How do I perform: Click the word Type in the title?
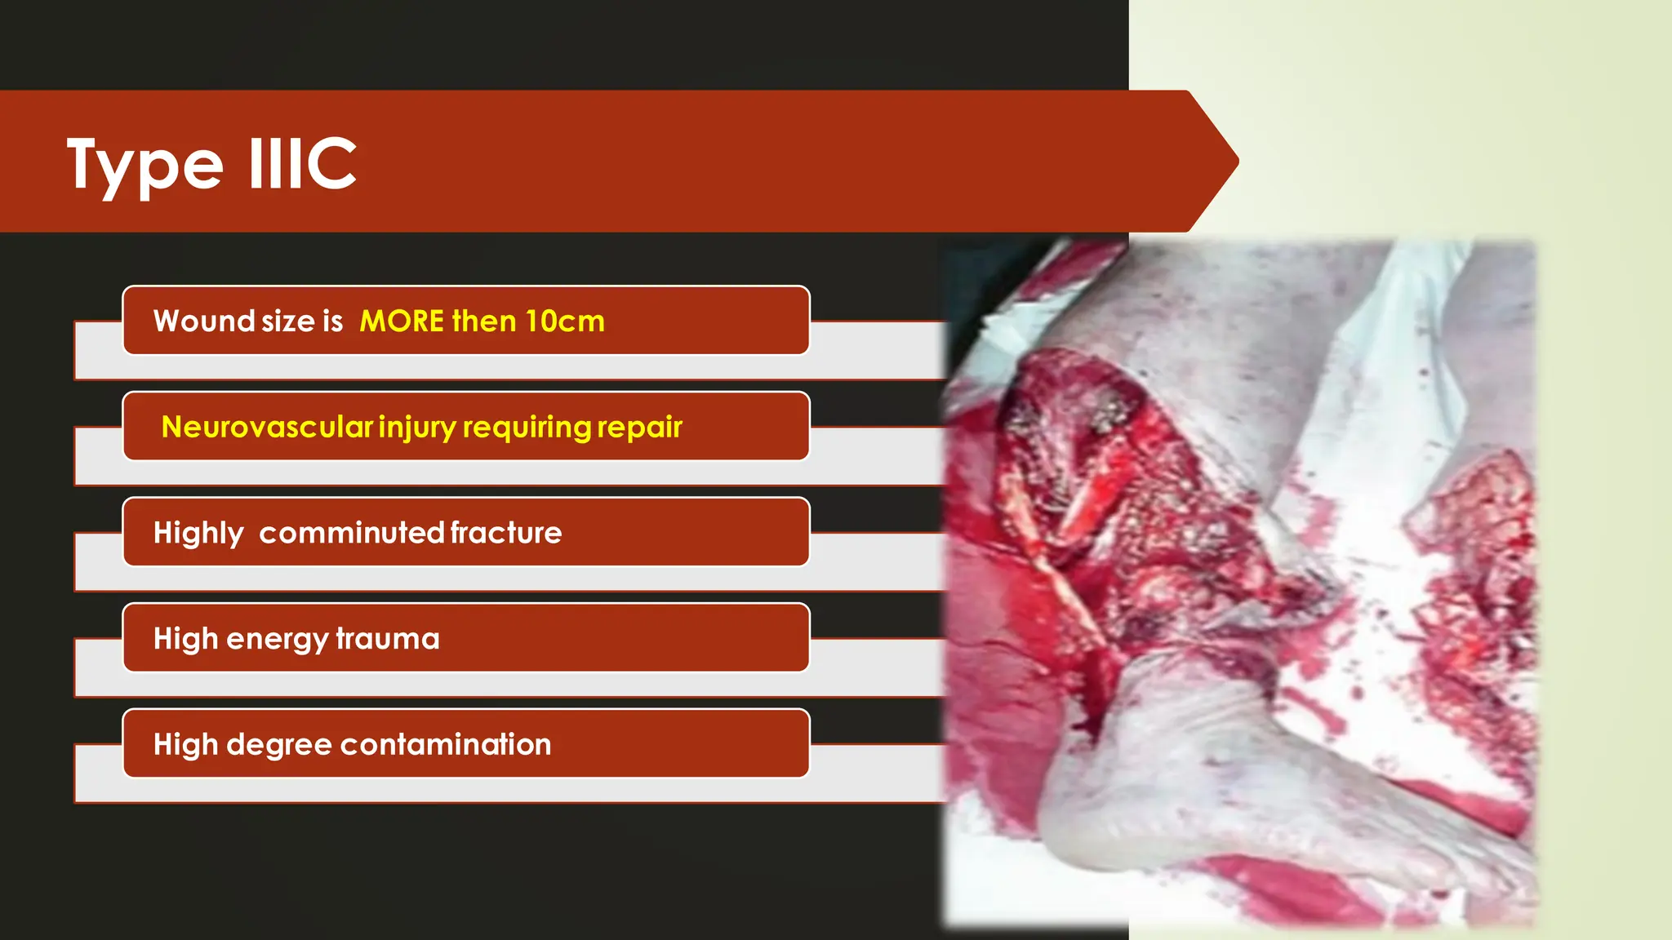[x=145, y=166]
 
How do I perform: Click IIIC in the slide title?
[x=302, y=164]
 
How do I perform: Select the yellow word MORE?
[x=402, y=321]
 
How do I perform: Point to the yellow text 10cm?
[x=564, y=321]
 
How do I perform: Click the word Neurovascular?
[x=267, y=427]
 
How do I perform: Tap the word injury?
[x=417, y=428]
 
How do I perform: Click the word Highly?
[x=198, y=534]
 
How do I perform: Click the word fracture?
[x=506, y=533]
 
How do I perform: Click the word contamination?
[x=446, y=745]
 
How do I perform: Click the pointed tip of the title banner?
[x=1236, y=162]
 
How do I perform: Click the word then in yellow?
[x=484, y=321]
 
